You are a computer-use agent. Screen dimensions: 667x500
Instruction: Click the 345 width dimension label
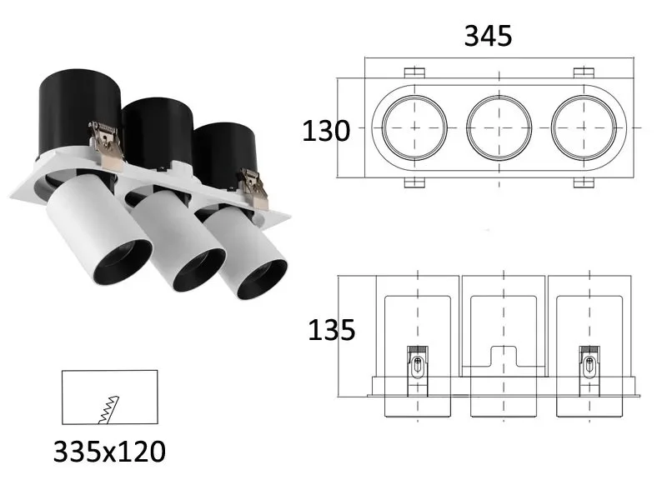pos(488,36)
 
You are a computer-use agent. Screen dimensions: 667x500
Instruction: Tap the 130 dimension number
pos(326,131)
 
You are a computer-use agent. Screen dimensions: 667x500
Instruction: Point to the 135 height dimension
pos(331,330)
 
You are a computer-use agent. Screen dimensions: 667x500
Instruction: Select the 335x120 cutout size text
pos(109,452)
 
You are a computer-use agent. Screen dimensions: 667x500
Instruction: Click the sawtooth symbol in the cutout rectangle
pos(109,410)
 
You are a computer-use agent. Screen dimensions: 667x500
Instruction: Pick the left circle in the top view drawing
pos(414,127)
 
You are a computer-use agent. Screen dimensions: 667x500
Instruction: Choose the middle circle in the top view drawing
pos(499,127)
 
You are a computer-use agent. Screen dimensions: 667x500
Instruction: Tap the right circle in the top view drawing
pos(584,127)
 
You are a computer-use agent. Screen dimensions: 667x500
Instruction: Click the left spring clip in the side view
pos(418,371)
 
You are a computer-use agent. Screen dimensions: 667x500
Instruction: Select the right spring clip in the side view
pos(589,371)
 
